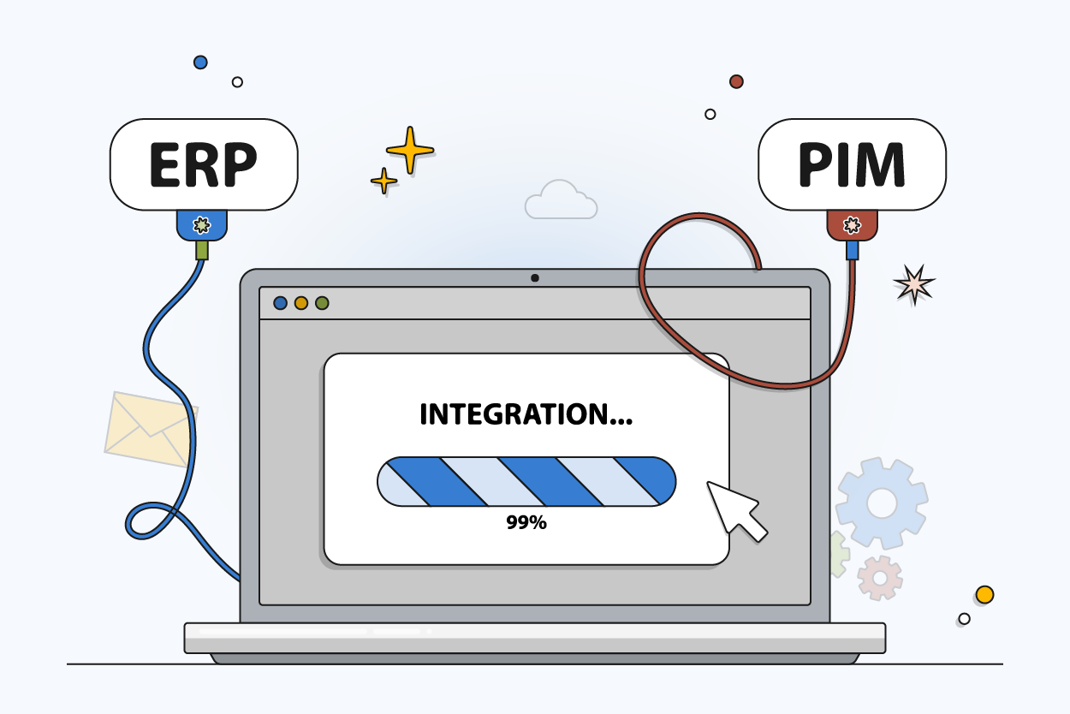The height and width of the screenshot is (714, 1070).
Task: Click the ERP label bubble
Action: click(204, 164)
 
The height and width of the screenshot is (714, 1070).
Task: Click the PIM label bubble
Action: click(852, 164)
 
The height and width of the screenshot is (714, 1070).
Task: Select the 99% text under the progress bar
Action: click(526, 522)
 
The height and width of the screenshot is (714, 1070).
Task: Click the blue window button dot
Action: click(280, 303)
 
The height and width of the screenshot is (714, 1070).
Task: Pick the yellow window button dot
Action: click(301, 303)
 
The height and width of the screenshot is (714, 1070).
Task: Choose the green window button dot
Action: click(322, 303)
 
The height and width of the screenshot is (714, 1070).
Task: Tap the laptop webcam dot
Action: click(535, 277)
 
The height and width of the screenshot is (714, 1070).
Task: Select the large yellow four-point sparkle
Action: click(410, 151)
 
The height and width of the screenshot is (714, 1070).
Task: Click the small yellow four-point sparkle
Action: click(383, 181)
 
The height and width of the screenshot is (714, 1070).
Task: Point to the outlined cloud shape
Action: click(561, 200)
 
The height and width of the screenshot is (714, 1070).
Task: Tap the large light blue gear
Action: click(882, 502)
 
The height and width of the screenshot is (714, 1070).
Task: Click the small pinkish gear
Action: click(880, 577)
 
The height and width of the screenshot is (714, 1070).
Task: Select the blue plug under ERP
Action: click(201, 225)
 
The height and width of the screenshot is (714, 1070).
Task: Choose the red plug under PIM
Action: click(852, 225)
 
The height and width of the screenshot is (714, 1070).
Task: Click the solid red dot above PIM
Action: click(736, 81)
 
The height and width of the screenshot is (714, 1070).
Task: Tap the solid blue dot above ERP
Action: click(200, 62)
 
